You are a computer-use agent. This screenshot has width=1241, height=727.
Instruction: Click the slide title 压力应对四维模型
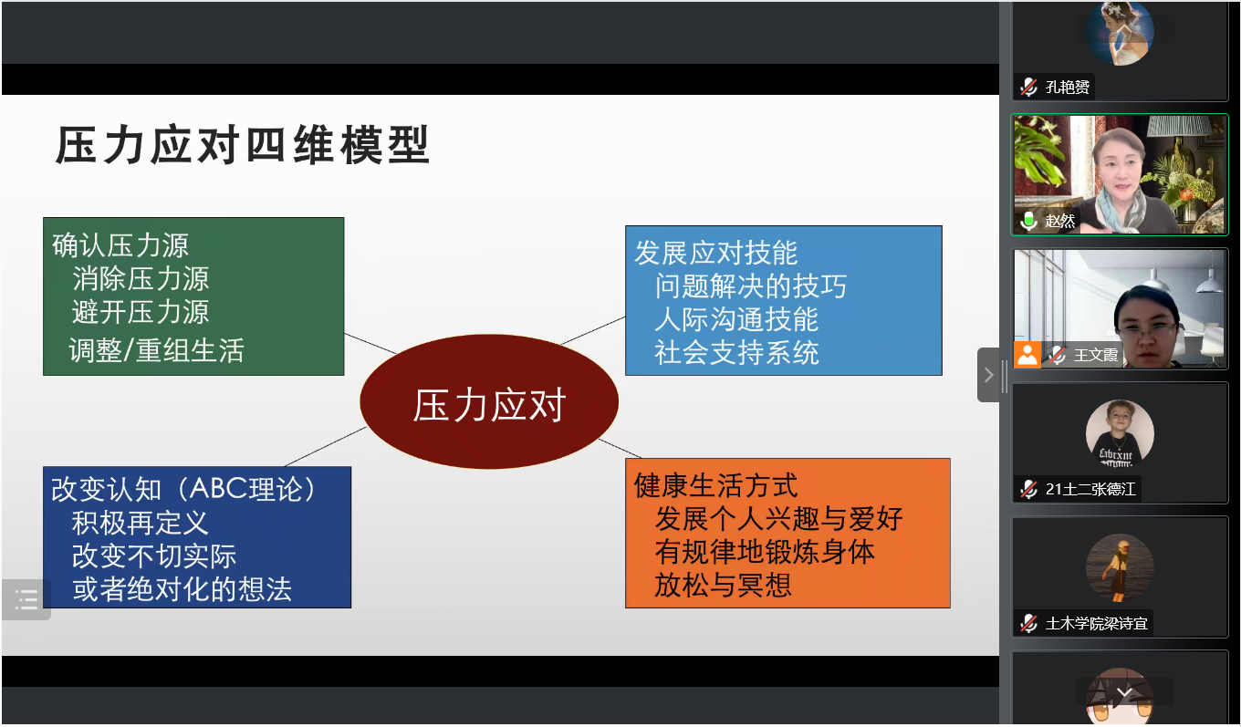pyautogui.click(x=243, y=145)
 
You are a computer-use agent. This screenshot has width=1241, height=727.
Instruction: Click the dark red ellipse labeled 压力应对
pyautogui.click(x=489, y=401)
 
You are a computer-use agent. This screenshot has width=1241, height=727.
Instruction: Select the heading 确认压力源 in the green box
pyautogui.click(x=120, y=246)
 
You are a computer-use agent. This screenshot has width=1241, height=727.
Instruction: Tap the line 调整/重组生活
pyautogui.click(x=156, y=350)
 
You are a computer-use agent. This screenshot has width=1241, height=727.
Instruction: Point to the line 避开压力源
pyautogui.click(x=141, y=312)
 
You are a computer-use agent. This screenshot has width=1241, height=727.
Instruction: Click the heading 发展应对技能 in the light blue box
pyautogui.click(x=715, y=253)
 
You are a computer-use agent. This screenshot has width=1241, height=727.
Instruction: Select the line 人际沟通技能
pyautogui.click(x=736, y=319)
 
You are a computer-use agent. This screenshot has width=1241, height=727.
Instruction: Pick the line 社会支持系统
pyautogui.click(x=736, y=353)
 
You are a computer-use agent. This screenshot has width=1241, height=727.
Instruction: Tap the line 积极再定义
pyautogui.click(x=140, y=523)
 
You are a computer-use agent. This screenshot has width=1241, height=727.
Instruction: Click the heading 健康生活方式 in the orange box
pyautogui.click(x=715, y=485)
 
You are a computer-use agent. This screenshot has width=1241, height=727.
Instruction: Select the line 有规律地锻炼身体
pyautogui.click(x=765, y=552)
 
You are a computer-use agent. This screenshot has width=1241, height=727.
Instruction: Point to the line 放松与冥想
pyautogui.click(x=723, y=586)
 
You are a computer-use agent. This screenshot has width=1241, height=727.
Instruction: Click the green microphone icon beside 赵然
pyautogui.click(x=1028, y=221)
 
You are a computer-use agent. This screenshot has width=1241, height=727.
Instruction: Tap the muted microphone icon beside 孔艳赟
pyautogui.click(x=1028, y=87)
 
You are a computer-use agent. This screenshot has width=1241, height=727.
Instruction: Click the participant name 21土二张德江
pyautogui.click(x=1090, y=489)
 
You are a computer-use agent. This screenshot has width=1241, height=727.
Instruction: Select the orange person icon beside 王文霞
pyautogui.click(x=1027, y=354)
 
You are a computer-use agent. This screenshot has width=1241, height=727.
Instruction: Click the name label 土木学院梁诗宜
pyautogui.click(x=1096, y=623)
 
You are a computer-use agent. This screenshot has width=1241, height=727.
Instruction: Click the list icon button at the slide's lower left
pyautogui.click(x=26, y=599)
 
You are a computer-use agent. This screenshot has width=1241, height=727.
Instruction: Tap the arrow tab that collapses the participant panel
pyautogui.click(x=988, y=375)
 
